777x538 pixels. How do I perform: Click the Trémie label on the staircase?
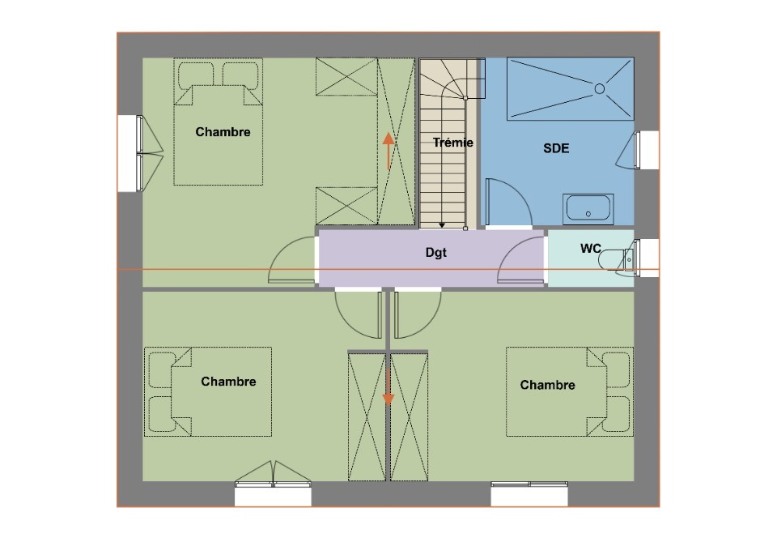[x=453, y=143]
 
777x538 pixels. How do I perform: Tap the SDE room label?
[x=556, y=148]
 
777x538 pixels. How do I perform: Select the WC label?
[x=591, y=249]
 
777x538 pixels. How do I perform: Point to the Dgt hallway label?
[x=436, y=253]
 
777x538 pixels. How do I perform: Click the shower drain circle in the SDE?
[x=600, y=89]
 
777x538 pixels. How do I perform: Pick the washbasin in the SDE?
[x=588, y=209]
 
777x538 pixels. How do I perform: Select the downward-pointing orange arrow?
[x=388, y=386]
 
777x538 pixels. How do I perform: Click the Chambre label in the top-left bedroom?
[x=223, y=132]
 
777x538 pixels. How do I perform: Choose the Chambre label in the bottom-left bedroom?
[x=228, y=382]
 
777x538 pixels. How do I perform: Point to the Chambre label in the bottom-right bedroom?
[x=548, y=385]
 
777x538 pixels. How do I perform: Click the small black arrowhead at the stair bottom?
[x=442, y=225]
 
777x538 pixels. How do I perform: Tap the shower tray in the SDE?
[x=571, y=89]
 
